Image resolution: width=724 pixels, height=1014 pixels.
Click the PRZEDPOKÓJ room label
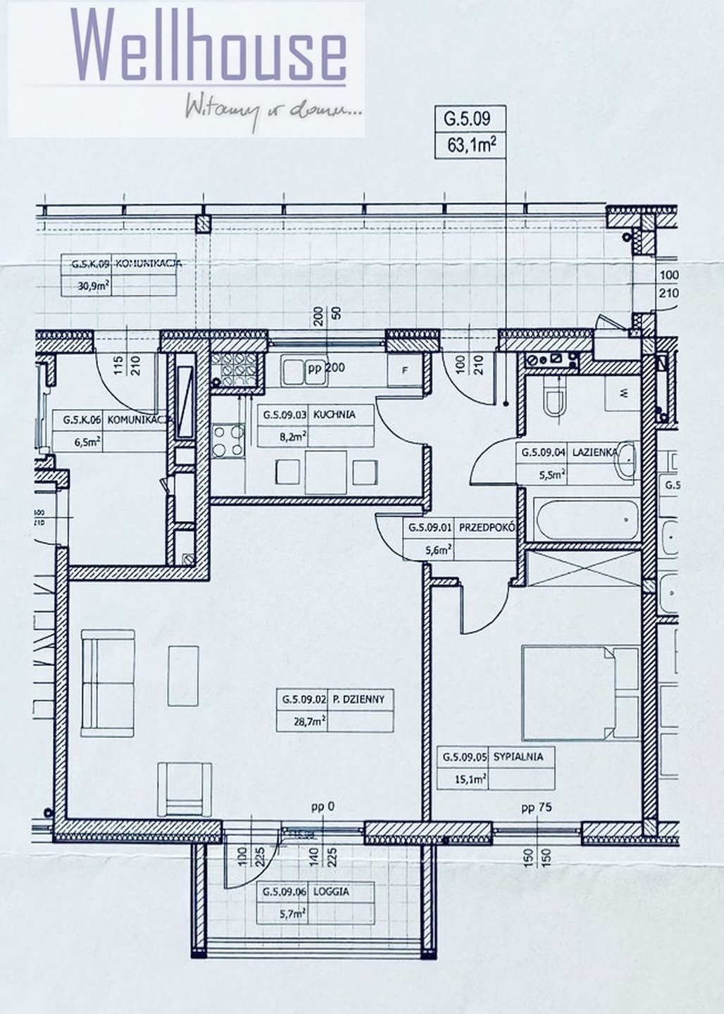pos(487,527)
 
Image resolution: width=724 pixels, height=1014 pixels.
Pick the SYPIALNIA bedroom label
pos(518,758)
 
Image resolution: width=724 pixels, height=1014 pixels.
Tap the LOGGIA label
pos(335,891)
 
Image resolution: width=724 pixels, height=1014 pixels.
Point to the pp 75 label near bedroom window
pos(536,808)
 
